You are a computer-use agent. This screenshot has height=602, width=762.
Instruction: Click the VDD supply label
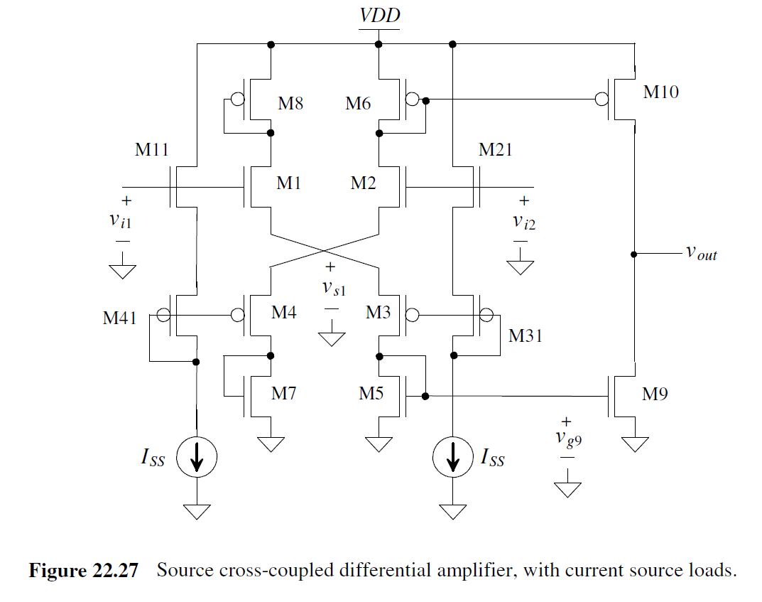379,16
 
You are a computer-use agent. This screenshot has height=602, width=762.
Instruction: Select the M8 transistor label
290,104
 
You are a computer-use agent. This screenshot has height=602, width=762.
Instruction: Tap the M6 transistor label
358,104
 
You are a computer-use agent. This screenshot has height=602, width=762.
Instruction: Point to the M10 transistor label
660,92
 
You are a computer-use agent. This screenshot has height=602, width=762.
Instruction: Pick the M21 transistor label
495,150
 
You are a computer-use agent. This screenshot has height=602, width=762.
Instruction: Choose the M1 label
289,183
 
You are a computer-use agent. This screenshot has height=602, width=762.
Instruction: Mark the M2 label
363,183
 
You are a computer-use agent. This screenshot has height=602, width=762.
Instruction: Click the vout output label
701,253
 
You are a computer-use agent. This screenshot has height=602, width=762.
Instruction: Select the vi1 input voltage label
120,220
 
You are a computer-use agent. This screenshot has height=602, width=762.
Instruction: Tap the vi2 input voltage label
524,221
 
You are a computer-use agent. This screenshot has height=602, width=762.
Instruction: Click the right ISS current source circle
452,459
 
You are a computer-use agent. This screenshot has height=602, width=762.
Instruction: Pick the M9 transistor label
655,394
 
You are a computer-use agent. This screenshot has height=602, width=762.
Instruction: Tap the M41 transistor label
120,318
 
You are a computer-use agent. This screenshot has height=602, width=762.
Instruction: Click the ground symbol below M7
271,444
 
